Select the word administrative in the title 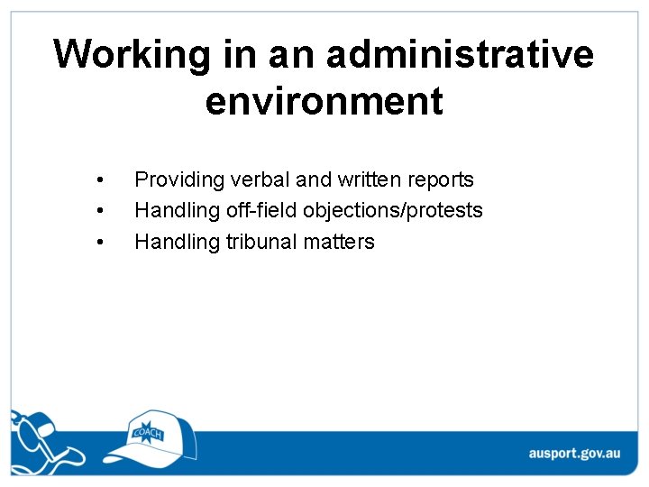pos(461,54)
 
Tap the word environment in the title pos(324,101)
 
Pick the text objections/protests pos(394,211)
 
